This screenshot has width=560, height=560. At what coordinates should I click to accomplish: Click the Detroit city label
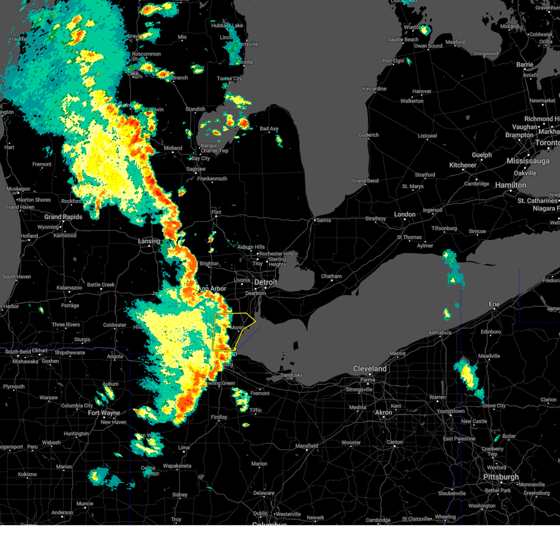point(266,282)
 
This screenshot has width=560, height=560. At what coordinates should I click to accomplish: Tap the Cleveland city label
point(370,369)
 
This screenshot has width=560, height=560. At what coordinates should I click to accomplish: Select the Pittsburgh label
point(501,477)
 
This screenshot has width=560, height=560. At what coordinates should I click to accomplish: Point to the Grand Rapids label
point(63,217)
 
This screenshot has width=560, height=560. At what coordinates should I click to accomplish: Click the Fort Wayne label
point(104,413)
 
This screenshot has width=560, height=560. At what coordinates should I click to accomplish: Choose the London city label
point(405,214)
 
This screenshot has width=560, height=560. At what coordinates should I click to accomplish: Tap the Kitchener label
point(462,165)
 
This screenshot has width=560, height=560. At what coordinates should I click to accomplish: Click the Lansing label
point(149,241)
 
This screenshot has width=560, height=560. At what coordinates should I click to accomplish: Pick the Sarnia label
point(323,220)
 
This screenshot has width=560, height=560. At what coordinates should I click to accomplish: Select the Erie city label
point(494,304)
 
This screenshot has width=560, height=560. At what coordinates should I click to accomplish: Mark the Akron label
point(384,413)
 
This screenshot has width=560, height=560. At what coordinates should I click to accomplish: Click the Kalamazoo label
point(69,288)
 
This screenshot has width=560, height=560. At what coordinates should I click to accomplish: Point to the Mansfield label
point(307,446)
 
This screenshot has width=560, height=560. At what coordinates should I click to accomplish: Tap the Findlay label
point(219,417)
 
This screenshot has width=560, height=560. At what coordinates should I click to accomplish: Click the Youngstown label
point(450,411)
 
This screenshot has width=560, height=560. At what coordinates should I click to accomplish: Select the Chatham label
point(331,276)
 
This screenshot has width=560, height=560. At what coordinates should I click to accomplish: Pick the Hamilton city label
point(511,185)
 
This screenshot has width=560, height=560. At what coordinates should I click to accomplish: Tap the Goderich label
point(369,135)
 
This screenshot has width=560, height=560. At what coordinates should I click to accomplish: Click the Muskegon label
point(18,189)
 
